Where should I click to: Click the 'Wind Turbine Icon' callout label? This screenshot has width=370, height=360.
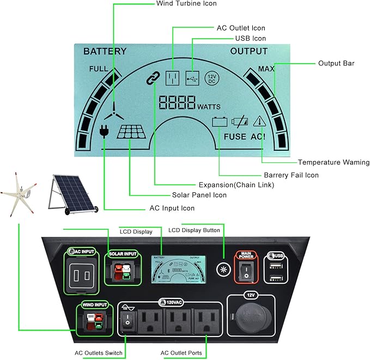click(186, 4)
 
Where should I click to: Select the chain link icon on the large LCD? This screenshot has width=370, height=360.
click(151, 78)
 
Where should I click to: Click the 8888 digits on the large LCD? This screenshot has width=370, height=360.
click(177, 102)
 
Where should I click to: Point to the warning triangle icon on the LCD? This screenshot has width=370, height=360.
click(259, 122)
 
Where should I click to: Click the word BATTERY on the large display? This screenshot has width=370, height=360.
click(105, 52)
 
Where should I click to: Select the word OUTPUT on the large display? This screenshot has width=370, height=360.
click(248, 52)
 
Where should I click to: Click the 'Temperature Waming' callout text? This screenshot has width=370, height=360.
click(333, 162)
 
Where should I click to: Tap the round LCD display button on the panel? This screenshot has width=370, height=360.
click(222, 269)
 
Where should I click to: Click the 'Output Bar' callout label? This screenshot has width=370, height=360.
click(336, 63)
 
